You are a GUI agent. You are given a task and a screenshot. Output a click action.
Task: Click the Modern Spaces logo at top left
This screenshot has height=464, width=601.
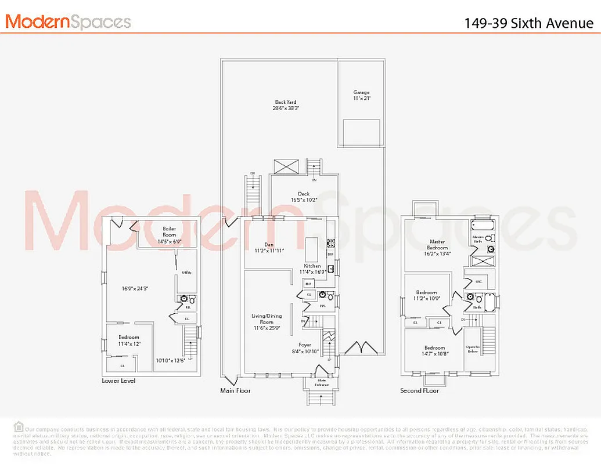[x=68, y=21]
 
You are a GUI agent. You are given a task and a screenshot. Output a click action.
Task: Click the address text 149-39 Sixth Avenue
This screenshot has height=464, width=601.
[x=528, y=23]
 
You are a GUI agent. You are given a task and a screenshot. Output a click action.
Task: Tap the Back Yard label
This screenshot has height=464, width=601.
[x=286, y=105]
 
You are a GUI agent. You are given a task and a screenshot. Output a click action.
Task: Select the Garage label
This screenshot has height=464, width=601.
[x=361, y=95]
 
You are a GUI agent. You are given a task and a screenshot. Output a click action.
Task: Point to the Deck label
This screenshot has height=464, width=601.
[x=304, y=197]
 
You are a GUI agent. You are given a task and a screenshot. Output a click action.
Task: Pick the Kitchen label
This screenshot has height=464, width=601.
[x=312, y=269]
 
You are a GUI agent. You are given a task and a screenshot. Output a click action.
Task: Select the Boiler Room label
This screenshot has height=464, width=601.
[x=169, y=232]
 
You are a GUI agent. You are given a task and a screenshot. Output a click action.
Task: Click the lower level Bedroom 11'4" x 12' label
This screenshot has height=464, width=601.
[x=129, y=340]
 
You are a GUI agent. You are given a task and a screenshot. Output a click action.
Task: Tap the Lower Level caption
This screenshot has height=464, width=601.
[x=118, y=380]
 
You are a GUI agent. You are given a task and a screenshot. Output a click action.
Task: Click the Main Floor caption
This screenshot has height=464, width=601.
[x=235, y=390]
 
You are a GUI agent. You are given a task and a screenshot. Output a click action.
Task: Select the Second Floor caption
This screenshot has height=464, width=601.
[x=419, y=390]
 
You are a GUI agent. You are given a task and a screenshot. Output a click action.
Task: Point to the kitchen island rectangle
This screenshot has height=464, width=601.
[x=312, y=244]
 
